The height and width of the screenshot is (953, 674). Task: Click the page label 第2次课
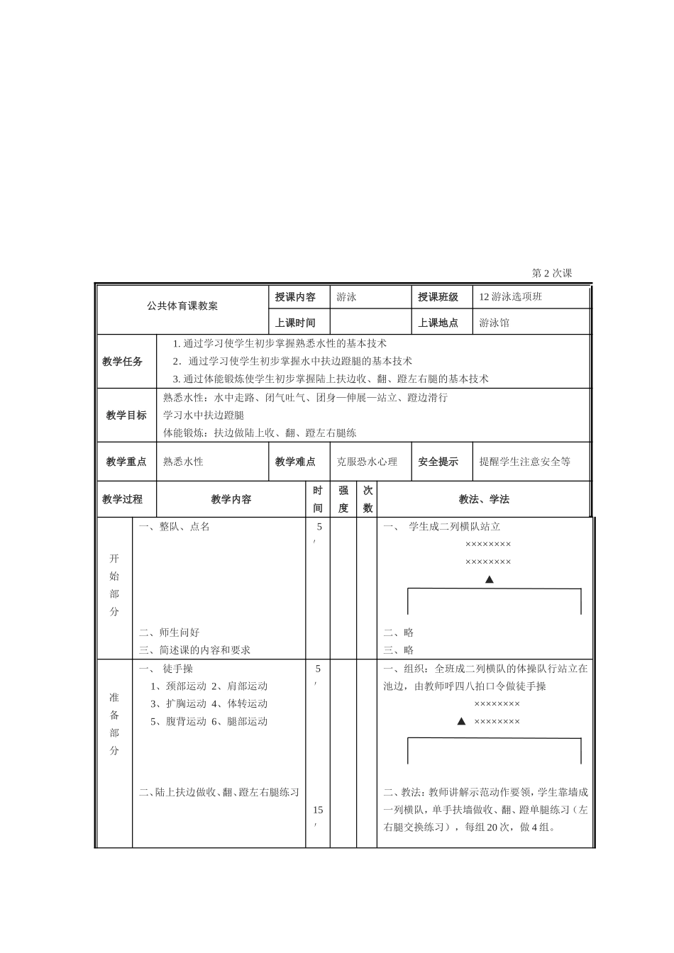click(551, 273)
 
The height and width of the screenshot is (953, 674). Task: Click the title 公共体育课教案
click(182, 306)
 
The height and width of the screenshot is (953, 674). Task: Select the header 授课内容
click(295, 297)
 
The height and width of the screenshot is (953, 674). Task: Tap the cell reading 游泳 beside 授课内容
click(347, 297)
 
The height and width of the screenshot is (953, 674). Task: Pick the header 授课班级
click(438, 297)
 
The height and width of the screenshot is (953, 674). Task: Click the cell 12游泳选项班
click(510, 297)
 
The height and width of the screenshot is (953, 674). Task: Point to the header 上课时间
click(295, 323)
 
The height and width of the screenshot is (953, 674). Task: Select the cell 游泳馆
click(494, 323)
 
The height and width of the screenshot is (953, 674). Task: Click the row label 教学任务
click(123, 362)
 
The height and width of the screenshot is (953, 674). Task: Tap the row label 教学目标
click(126, 415)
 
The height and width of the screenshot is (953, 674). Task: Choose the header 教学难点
click(295, 462)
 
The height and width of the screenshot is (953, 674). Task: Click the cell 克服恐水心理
click(367, 462)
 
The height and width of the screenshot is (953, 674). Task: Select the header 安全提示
click(438, 462)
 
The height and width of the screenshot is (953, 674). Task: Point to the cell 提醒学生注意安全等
click(524, 462)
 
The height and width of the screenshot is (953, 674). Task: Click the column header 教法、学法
click(484, 499)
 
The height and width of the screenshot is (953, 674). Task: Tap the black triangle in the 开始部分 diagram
click(489, 579)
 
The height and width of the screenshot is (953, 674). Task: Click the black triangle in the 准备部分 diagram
click(461, 721)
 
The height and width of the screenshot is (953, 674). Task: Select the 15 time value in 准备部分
click(318, 810)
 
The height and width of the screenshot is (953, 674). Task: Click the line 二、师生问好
click(170, 632)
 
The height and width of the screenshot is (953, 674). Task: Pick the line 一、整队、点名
click(175, 527)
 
